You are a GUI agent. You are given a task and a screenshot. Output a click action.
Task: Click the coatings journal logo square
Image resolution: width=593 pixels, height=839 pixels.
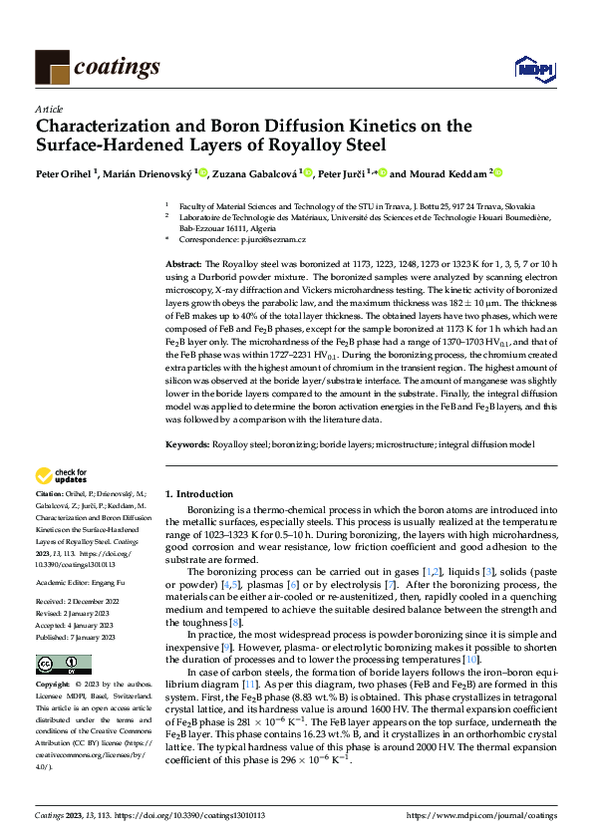pos(52,67)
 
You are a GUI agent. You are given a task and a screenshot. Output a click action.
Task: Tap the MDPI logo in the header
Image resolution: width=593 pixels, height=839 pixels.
pos(528,68)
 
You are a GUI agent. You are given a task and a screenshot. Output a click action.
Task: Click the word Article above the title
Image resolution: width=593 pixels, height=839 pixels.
pos(48,109)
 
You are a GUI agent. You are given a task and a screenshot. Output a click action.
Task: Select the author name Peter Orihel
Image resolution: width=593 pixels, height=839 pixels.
pos(63,173)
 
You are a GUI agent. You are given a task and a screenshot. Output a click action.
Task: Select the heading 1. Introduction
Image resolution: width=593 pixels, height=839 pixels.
pos(198,493)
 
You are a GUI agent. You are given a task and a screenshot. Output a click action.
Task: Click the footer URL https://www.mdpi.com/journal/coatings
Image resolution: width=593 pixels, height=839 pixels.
pos(481,815)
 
